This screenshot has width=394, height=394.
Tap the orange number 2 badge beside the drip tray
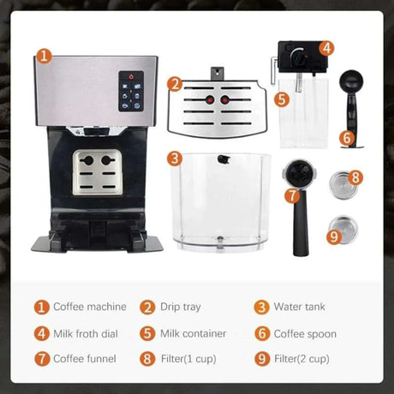click(175, 84)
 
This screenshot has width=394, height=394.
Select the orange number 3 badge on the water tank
click(175, 158)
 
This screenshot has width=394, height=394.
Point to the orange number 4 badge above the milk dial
click(327, 49)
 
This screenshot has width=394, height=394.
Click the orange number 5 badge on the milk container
click(282, 98)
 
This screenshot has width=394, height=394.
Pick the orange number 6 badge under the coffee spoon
click(347, 137)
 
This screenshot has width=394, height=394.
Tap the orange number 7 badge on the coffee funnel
click(293, 195)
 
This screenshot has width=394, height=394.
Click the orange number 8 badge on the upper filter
click(355, 178)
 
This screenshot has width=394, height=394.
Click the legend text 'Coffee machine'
click(89, 307)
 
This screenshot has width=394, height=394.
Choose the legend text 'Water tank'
click(300, 307)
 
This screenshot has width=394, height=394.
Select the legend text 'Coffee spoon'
click(305, 333)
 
